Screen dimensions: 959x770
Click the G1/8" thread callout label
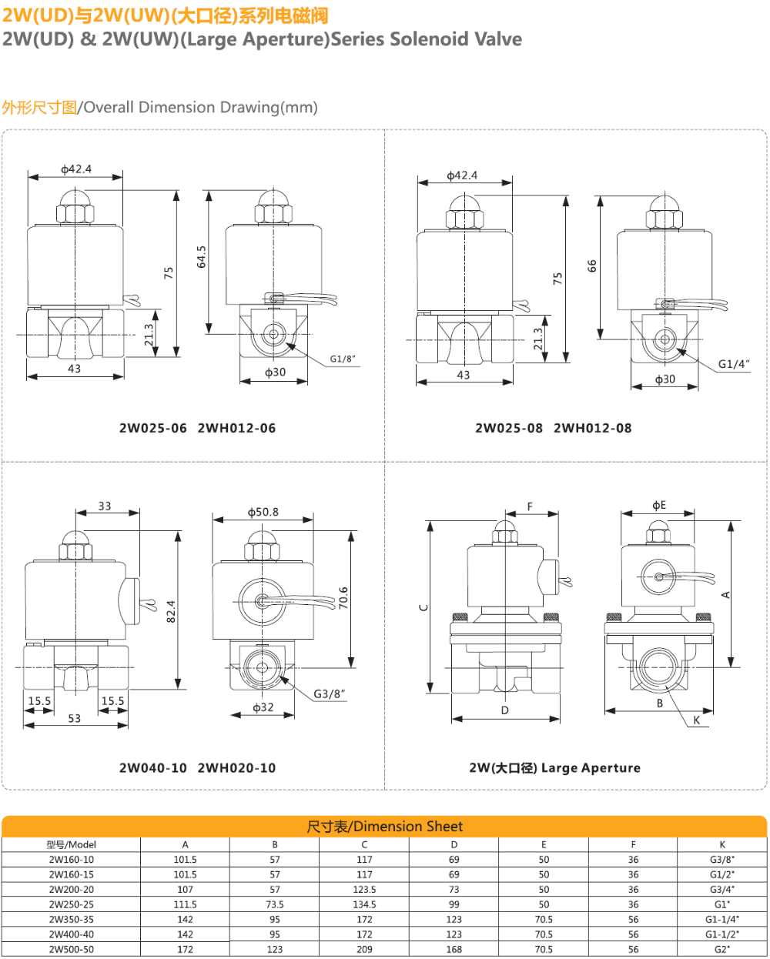[343, 359]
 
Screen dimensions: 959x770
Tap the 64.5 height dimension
[202, 257]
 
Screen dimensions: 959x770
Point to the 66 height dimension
[591, 266]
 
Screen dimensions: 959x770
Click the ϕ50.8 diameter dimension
[263, 512]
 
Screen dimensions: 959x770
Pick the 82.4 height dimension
[171, 611]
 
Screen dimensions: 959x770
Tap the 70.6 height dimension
[343, 597]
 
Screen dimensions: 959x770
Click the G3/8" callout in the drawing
[330, 693]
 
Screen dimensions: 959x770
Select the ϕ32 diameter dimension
[263, 707]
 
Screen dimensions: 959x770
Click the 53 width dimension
[74, 718]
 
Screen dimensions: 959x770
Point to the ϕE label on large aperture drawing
[659, 506]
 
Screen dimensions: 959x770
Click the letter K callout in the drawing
[696, 720]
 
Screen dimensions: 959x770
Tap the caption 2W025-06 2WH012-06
[197, 428]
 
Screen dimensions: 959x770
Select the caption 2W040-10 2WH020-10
[197, 767]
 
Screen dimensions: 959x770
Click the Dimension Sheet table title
[385, 827]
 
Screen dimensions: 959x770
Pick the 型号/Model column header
[72, 844]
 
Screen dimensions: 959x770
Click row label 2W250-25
[72, 904]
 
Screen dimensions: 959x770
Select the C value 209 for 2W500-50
[364, 949]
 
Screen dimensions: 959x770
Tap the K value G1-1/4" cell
[721, 919]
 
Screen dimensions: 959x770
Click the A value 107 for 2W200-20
[185, 889]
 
